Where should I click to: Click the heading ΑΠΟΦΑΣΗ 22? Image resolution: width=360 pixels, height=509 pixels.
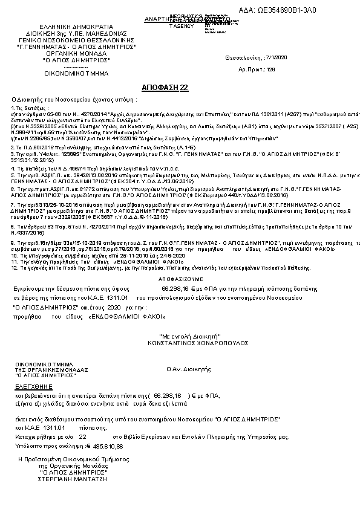pos(165,88)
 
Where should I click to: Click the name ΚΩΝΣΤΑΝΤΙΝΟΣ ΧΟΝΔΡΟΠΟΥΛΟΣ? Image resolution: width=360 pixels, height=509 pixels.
pos(182,342)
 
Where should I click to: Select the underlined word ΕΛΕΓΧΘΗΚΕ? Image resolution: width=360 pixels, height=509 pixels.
pos(34,386)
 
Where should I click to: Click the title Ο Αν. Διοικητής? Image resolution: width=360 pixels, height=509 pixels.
pos(188,368)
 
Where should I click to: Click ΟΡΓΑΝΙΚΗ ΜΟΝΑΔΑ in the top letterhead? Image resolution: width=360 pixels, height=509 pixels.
pos(76,53)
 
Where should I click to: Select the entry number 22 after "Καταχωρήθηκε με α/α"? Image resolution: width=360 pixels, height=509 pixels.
pos(83,435)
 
